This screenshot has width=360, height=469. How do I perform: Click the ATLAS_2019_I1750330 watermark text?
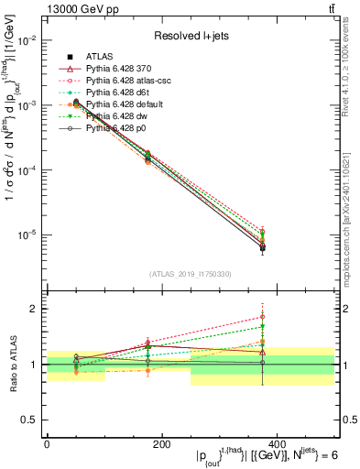190,274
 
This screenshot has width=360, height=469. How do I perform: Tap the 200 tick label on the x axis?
161,443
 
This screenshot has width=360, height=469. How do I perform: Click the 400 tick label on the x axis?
277,443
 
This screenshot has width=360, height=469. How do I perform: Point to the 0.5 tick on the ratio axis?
29,420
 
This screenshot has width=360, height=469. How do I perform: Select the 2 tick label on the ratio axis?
35,309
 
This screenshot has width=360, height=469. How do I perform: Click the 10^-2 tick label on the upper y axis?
27,41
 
